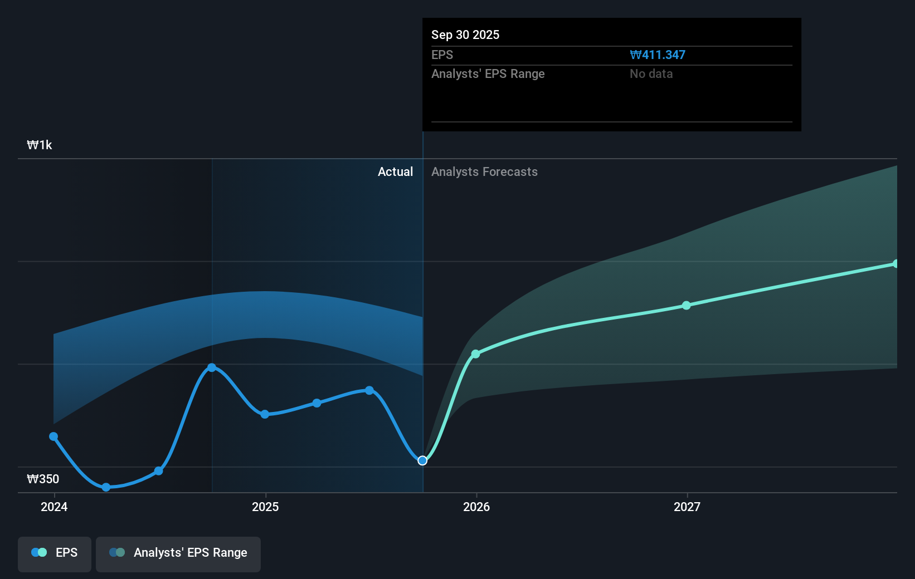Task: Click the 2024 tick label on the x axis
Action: tap(54, 507)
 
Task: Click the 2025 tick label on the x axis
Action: tap(265, 507)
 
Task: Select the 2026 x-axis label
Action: tap(476, 507)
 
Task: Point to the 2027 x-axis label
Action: tap(687, 507)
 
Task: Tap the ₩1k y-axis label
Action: tap(40, 145)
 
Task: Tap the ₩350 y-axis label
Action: tap(43, 479)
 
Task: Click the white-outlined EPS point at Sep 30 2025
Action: tap(422, 460)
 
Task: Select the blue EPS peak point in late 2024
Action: tap(212, 367)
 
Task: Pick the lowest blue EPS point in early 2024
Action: tap(106, 487)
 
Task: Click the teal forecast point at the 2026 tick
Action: tap(475, 354)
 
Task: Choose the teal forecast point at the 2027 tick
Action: tap(687, 306)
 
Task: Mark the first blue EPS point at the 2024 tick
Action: tap(53, 436)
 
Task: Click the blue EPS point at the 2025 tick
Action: tap(265, 414)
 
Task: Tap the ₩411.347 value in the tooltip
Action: tap(658, 55)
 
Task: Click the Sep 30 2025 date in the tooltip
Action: tap(465, 35)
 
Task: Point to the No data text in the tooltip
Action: tap(651, 74)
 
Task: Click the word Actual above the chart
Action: tap(395, 172)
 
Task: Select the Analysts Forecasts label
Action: tap(484, 172)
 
